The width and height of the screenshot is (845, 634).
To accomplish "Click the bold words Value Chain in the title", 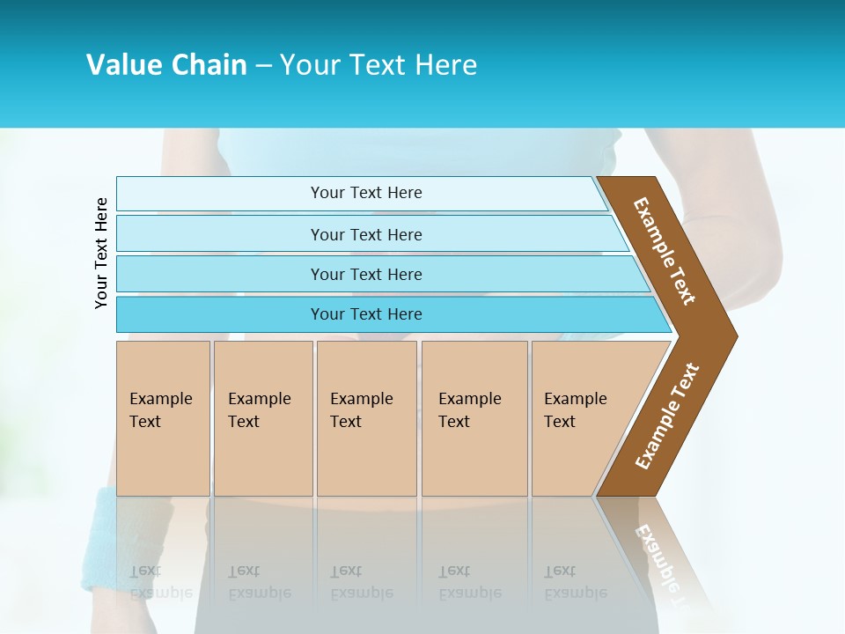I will click(x=166, y=65).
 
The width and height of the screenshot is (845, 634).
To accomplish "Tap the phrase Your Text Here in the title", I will click(x=378, y=65).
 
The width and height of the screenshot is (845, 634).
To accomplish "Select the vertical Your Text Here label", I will click(x=101, y=253).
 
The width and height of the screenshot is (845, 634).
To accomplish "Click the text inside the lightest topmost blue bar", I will click(x=366, y=193).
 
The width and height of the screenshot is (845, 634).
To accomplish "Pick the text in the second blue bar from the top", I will click(x=366, y=234).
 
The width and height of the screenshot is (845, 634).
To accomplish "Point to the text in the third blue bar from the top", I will click(x=366, y=274).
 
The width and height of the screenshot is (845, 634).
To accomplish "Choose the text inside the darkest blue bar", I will click(x=366, y=314).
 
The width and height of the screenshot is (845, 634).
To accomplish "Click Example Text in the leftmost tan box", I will click(x=160, y=410).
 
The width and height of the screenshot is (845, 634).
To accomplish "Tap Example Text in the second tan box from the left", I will click(x=259, y=410).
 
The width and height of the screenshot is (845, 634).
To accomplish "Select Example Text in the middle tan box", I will click(x=361, y=410).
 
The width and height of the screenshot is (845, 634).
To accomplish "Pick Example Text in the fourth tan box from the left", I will click(x=469, y=410).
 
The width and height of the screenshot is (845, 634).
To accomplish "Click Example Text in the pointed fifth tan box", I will click(x=575, y=410).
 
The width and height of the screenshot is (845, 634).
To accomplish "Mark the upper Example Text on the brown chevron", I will click(x=665, y=251).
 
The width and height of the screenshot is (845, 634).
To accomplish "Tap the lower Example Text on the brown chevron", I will click(x=667, y=417).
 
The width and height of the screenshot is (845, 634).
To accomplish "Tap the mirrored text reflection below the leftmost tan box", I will click(x=160, y=582).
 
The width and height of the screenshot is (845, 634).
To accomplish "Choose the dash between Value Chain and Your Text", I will click(x=263, y=65).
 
